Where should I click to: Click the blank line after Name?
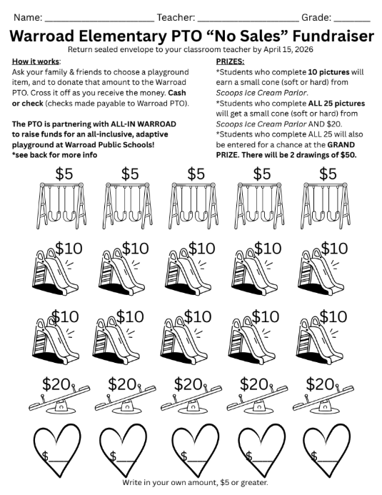pos(99,21)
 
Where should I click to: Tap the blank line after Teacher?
pos(248,21)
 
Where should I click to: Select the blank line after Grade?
pos(352,21)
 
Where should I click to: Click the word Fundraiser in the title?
pos(333,36)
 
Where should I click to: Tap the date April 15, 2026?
pos(288,49)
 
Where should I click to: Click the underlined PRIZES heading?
pos(230,61)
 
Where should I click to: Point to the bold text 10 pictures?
pos(328,72)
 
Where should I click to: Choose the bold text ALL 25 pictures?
pos(336,104)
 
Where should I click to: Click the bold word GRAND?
pos(341,144)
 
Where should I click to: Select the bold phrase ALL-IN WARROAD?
pos(144,124)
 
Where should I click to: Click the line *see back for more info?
pos(54,155)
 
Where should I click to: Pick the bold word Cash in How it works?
pos(177,93)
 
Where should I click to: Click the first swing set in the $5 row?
pos(61,205)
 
